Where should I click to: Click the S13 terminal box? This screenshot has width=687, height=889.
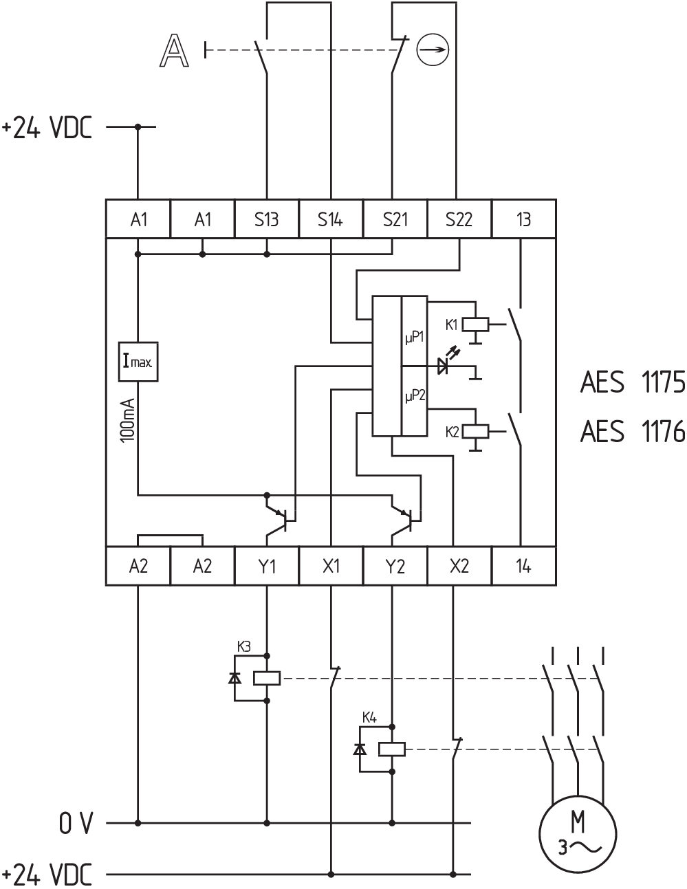[267, 219]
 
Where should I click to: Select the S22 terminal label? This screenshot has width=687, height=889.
[459, 220]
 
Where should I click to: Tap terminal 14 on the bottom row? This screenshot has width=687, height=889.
[524, 566]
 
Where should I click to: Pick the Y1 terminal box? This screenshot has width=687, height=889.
[267, 566]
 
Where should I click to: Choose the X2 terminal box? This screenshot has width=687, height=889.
[459, 566]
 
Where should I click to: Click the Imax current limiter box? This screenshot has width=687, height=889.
[138, 362]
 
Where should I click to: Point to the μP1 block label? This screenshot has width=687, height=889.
[414, 338]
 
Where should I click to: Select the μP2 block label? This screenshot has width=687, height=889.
[415, 396]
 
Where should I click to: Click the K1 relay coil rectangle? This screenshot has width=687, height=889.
[475, 325]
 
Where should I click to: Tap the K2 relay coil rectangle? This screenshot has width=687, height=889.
[475, 432]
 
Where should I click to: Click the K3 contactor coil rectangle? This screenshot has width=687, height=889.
[267, 679]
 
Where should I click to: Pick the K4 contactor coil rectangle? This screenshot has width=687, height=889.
[392, 749]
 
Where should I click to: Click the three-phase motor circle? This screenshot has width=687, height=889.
[578, 835]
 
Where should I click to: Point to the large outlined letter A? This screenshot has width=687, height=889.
[174, 51]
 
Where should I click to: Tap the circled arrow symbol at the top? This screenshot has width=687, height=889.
[433, 50]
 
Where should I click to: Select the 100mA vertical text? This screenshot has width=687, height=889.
[128, 420]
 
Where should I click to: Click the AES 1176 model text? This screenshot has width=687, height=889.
[633, 431]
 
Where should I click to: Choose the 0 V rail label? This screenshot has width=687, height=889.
[76, 823]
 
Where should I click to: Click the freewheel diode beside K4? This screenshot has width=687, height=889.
[360, 749]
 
